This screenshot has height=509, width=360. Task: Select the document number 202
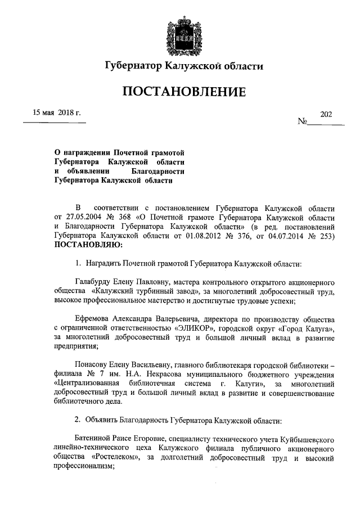point(326,114)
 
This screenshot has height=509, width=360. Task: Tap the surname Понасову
point(93,363)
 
